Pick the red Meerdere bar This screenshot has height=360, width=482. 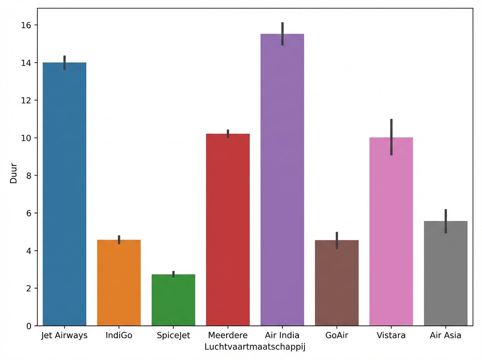(x=228, y=229)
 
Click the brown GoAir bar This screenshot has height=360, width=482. (x=337, y=283)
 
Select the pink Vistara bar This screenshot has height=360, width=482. (x=391, y=231)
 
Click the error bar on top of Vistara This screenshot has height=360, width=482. (x=391, y=137)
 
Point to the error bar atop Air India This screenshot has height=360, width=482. (x=282, y=34)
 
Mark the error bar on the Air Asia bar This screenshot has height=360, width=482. (x=445, y=221)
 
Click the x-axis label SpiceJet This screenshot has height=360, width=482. (x=174, y=335)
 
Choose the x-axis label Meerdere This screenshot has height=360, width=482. (x=228, y=335)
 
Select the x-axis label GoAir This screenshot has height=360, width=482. (x=337, y=335)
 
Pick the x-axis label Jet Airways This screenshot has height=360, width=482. (x=64, y=335)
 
